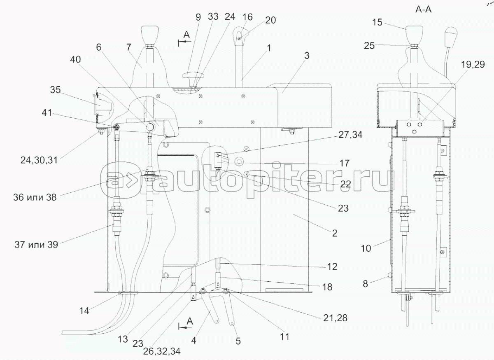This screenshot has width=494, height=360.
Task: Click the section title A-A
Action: click(x=424, y=9)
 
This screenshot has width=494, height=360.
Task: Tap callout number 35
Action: click(x=55, y=90)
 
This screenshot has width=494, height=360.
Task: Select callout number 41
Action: click(x=47, y=113)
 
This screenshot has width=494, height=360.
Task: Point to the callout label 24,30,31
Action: click(x=39, y=160)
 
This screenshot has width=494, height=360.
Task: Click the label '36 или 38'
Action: click(x=35, y=197)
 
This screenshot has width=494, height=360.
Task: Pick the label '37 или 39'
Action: click(x=36, y=245)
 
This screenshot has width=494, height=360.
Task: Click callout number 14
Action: click(x=84, y=311)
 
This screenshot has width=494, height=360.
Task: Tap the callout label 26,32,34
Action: click(x=162, y=351)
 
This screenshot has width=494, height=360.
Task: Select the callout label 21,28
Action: click(x=336, y=318)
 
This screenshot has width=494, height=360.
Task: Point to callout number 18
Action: click(x=327, y=287)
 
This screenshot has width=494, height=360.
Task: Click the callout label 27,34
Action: click(x=350, y=135)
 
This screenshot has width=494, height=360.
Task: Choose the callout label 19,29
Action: click(x=473, y=64)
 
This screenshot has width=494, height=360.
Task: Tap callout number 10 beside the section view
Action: click(x=366, y=248)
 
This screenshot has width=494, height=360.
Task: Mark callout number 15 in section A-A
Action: click(x=377, y=22)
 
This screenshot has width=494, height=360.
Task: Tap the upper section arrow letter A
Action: click(x=186, y=35)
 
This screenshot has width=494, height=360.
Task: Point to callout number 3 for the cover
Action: click(x=307, y=56)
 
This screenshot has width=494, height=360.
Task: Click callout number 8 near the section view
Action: click(x=365, y=284)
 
